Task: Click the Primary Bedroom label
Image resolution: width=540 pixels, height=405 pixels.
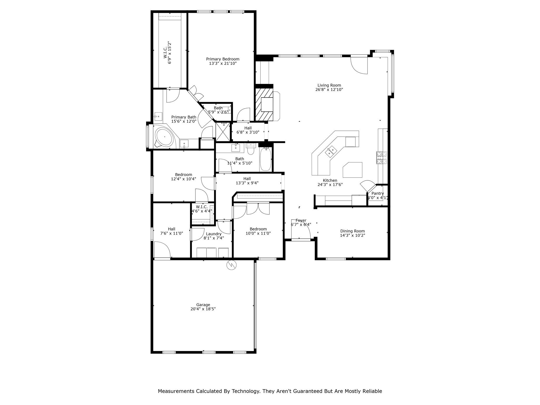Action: [x=223, y=59]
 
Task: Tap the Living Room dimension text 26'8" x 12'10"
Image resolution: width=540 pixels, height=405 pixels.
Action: [x=329, y=90]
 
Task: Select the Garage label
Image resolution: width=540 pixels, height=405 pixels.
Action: [x=203, y=305]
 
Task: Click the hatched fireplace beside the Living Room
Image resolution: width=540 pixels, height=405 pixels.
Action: [x=264, y=104]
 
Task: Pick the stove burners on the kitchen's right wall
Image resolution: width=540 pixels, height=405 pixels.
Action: [x=382, y=158]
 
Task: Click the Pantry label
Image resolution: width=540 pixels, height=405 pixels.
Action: [x=378, y=194]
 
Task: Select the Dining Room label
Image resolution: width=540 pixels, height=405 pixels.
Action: [x=352, y=231]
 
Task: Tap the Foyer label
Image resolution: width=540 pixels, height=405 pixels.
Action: [x=301, y=220]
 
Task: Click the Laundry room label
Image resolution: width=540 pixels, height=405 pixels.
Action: [x=214, y=234]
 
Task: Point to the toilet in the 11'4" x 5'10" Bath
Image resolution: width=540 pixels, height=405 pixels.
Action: [x=250, y=149]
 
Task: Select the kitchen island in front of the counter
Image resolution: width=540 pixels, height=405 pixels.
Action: [x=353, y=170]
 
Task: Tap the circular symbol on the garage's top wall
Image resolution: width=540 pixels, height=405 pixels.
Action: [x=232, y=265]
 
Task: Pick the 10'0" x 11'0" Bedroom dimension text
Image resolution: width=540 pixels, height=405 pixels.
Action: [x=258, y=233]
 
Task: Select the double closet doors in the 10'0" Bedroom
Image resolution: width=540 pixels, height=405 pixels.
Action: [x=258, y=209]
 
